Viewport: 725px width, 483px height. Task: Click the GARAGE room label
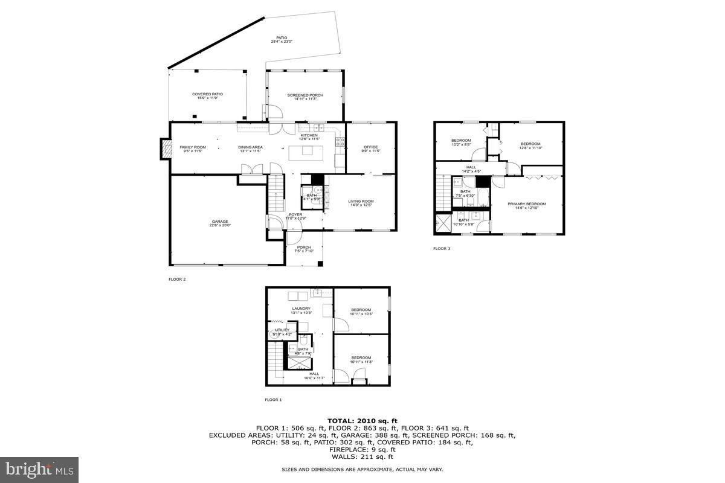pyautogui.click(x=221, y=223)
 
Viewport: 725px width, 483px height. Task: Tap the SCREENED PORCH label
pyautogui.click(x=305, y=97)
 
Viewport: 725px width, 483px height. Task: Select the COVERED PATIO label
pyautogui.click(x=207, y=95)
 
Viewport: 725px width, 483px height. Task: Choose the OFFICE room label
pyautogui.click(x=370, y=149)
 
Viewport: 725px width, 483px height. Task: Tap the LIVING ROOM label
pyautogui.click(x=361, y=203)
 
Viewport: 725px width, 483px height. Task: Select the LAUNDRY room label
pyautogui.click(x=301, y=310)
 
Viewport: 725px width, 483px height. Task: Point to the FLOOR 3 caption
pyautogui.click(x=442, y=248)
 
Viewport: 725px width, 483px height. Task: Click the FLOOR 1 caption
pyautogui.click(x=273, y=400)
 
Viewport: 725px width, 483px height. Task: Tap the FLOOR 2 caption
pyautogui.click(x=177, y=280)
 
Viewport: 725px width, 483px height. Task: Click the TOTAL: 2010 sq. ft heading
pyautogui.click(x=362, y=420)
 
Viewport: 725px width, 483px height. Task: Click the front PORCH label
pyautogui.click(x=303, y=248)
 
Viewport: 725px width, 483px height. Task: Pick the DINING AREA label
pyautogui.click(x=250, y=149)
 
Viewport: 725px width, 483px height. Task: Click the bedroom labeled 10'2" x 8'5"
pyautogui.click(x=461, y=142)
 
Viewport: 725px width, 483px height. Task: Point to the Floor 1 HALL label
pyautogui.click(x=314, y=375)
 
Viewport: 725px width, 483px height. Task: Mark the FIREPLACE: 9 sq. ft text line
pyautogui.click(x=362, y=450)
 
